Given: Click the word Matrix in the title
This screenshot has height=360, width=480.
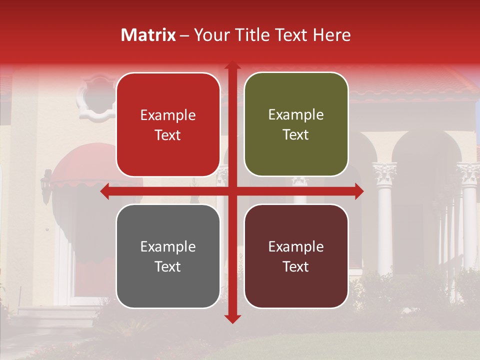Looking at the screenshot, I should pyautogui.click(x=148, y=35).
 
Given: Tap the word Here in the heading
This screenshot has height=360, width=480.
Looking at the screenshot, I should pyautogui.click(x=331, y=35).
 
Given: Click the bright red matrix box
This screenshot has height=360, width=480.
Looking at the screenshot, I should pyautogui.click(x=168, y=124).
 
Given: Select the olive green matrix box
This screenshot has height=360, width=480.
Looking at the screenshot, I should pyautogui.click(x=296, y=124).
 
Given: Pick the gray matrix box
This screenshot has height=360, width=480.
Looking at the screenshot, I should pyautogui.click(x=168, y=256).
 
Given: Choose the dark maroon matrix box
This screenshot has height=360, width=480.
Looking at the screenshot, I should pyautogui.click(x=296, y=256).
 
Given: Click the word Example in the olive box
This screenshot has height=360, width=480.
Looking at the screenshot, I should pyautogui.click(x=296, y=115).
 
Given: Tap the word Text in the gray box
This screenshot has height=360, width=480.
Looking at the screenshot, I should pyautogui.click(x=168, y=266).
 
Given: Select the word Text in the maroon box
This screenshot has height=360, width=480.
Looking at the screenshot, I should pyautogui.click(x=296, y=266).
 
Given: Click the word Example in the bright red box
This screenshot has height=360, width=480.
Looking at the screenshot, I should pyautogui.click(x=168, y=115).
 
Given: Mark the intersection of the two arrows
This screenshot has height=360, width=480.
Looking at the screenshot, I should pyautogui.click(x=232, y=191).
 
